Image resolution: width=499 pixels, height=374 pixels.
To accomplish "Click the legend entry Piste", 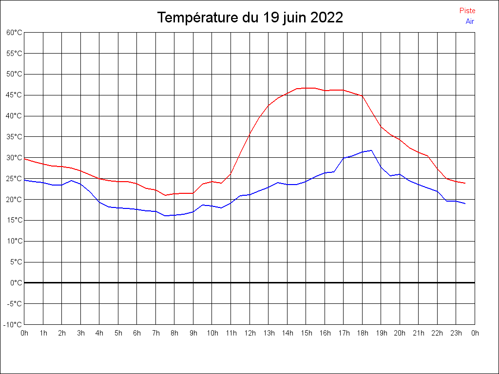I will tap(467, 11).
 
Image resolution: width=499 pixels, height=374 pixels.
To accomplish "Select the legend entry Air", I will tap(470, 21).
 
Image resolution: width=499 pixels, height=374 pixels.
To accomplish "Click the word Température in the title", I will tap(199, 18).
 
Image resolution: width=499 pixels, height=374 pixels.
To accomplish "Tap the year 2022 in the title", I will tap(326, 18).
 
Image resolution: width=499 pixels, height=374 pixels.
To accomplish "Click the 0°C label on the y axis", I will tap(16, 282).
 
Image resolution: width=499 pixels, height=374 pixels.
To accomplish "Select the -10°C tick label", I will tap(13, 324).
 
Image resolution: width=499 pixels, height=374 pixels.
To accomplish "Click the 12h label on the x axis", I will tap(250, 333).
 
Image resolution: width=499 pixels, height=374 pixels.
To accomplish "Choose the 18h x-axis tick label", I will tap(363, 333).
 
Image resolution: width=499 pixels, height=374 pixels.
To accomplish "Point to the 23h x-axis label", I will tap(456, 333).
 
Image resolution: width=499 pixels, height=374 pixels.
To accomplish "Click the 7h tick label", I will tap(156, 333).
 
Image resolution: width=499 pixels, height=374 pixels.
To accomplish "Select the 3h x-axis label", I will tap(81, 333).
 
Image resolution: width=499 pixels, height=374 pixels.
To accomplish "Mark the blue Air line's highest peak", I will tap(371, 150).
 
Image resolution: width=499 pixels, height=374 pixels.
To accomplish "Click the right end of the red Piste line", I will tap(465, 183).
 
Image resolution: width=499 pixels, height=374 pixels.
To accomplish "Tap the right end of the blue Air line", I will tap(465, 204).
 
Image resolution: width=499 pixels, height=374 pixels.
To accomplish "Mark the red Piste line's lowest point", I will tap(165, 195).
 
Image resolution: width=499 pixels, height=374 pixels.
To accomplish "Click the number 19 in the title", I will tap(272, 18).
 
